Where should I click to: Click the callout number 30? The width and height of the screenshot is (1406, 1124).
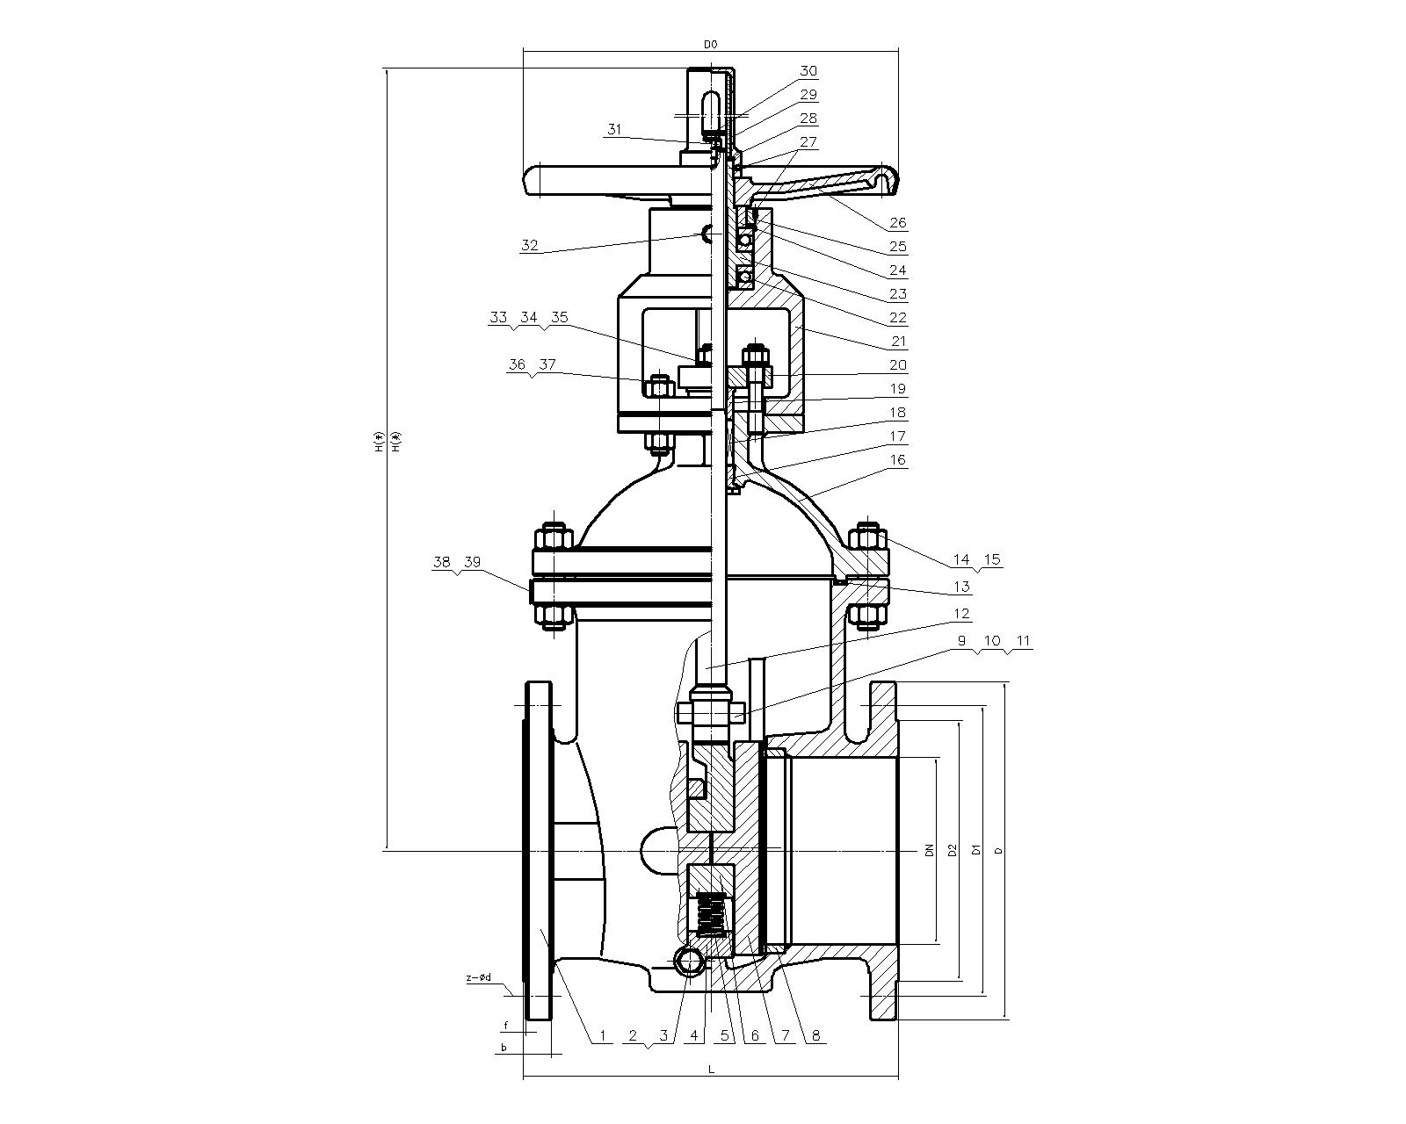(808, 70)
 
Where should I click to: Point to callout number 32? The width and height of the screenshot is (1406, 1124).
(529, 246)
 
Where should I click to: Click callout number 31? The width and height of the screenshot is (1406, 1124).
(613, 129)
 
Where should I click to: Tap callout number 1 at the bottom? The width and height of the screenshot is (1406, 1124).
(604, 1036)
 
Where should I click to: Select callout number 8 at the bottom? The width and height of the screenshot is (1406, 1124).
(815, 1036)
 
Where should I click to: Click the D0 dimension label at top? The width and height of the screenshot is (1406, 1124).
(710, 43)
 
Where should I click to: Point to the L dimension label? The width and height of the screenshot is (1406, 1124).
(711, 1070)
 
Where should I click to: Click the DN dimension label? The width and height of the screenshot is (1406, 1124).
(927, 850)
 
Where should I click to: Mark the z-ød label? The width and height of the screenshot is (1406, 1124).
(479, 977)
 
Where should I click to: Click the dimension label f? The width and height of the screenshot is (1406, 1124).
(506, 1025)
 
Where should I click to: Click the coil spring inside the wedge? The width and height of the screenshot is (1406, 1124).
(712, 915)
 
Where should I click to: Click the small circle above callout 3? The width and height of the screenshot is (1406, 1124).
(691, 961)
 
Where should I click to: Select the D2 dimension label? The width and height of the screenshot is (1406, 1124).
(952, 850)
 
